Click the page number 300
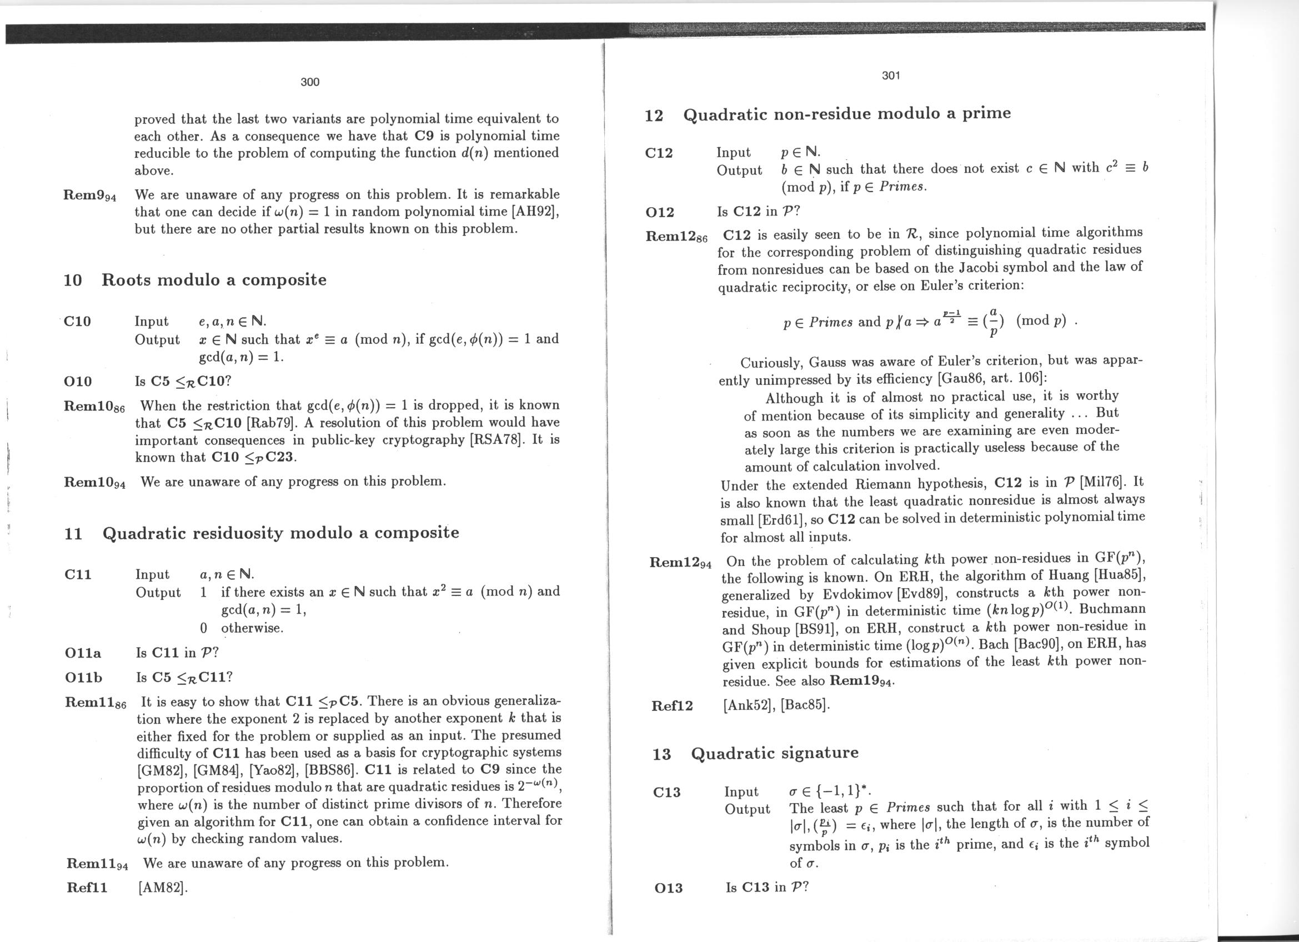(310, 82)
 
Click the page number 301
(891, 75)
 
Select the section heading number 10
(73, 280)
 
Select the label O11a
(83, 653)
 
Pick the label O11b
(84, 678)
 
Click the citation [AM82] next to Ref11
(163, 888)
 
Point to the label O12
(660, 213)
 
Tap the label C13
(666, 793)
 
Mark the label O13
(668, 888)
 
